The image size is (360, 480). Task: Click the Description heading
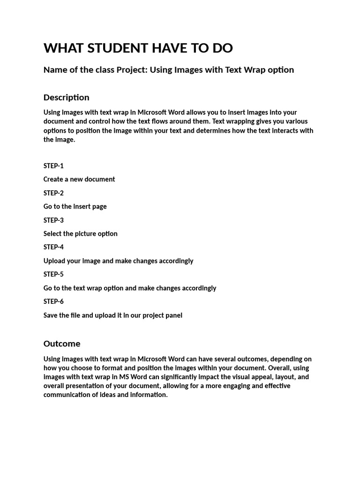pyautogui.click(x=66, y=97)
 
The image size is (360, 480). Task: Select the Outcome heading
pyautogui.click(x=62, y=344)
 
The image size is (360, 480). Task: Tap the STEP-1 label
pyautogui.click(x=53, y=166)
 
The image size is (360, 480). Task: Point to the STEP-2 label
pyautogui.click(x=53, y=193)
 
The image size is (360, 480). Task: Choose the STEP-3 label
pyautogui.click(x=53, y=220)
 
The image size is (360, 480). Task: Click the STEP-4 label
pyautogui.click(x=53, y=247)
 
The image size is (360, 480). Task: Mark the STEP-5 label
pyautogui.click(x=53, y=274)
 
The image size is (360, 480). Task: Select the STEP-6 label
pyautogui.click(x=53, y=301)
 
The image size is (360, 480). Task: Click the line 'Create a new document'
pyautogui.click(x=79, y=180)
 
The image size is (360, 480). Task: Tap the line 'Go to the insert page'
pyautogui.click(x=75, y=207)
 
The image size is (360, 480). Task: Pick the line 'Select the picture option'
pyautogui.click(x=81, y=234)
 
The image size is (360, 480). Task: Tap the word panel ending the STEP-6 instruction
pyautogui.click(x=173, y=315)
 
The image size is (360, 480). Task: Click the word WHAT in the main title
pyautogui.click(x=61, y=48)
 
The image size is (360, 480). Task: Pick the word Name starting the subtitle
pyautogui.click(x=54, y=70)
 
